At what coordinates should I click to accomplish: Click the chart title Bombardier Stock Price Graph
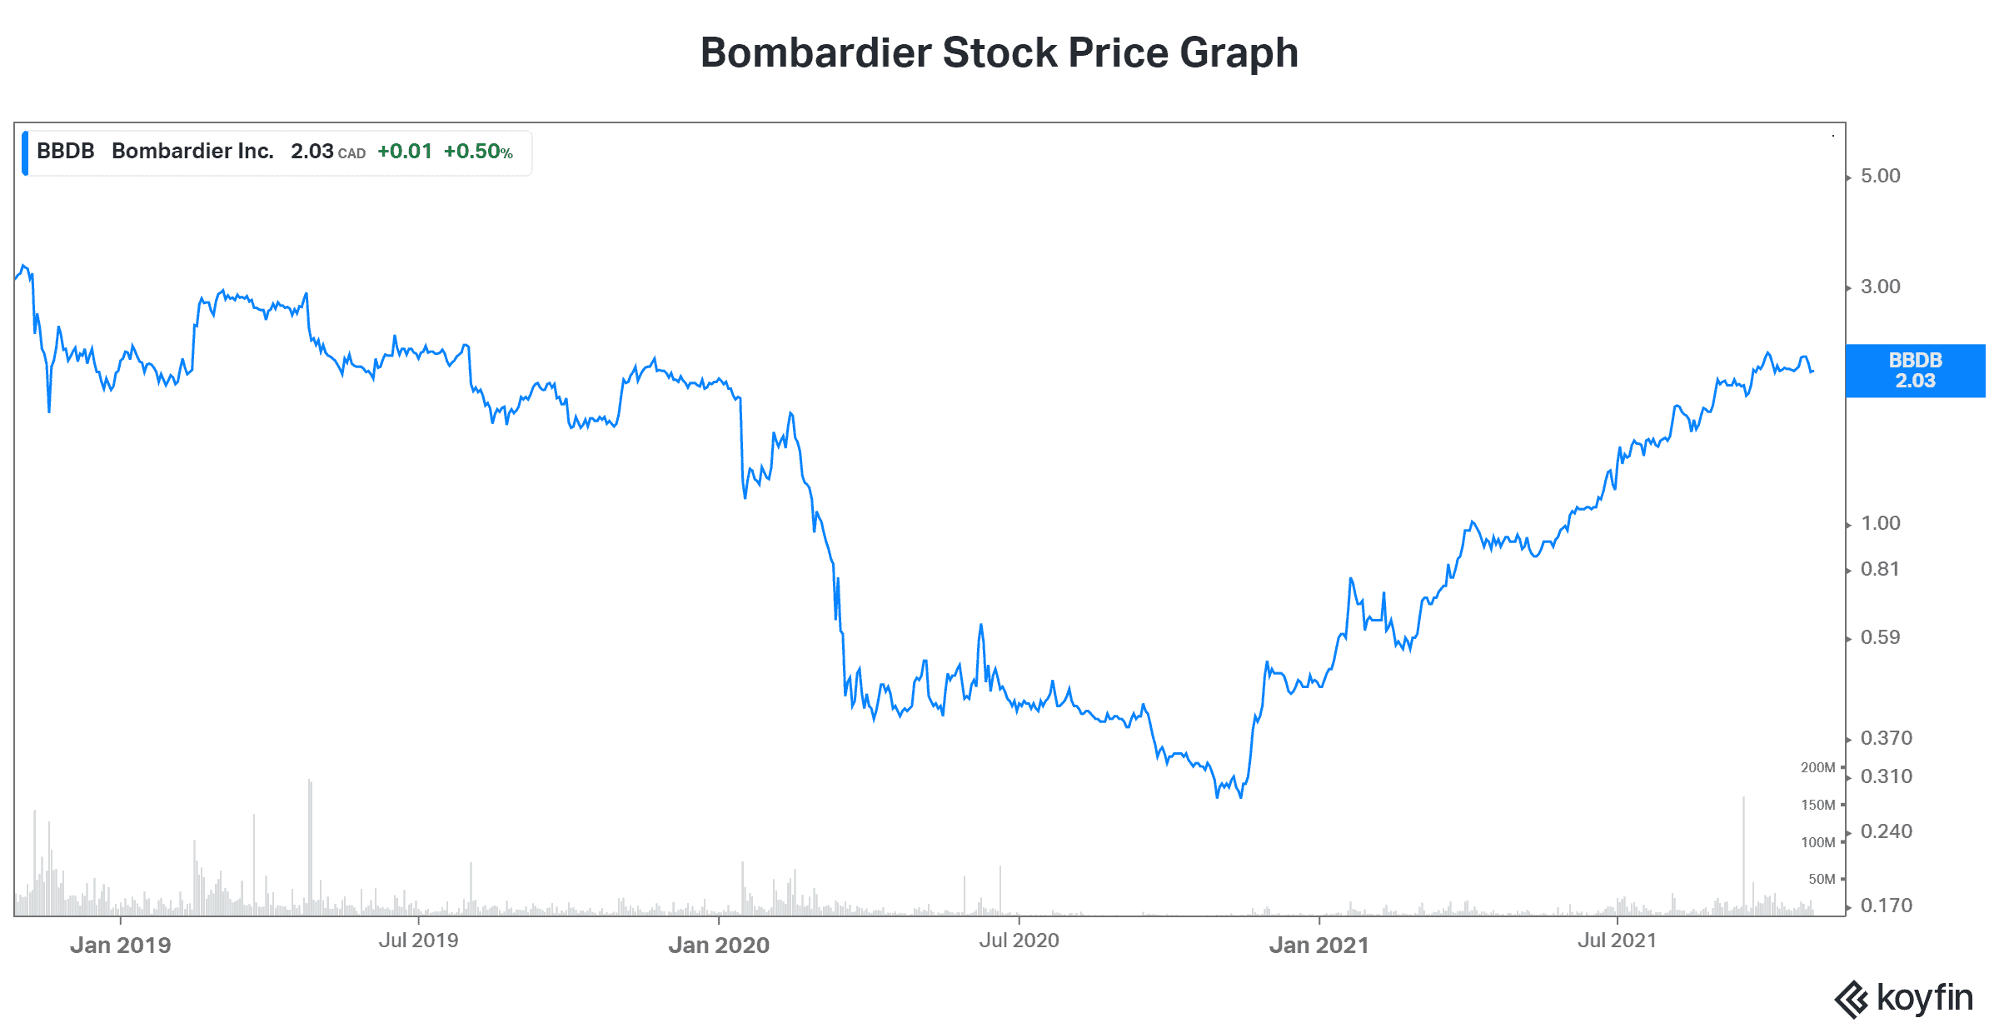(x=999, y=52)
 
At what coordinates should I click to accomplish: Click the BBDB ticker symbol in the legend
(x=65, y=151)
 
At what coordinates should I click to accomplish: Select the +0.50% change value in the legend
(x=478, y=152)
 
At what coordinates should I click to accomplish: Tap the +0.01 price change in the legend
(x=405, y=152)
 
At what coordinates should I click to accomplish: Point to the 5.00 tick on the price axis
(x=1881, y=176)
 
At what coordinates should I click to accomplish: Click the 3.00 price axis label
(x=1881, y=287)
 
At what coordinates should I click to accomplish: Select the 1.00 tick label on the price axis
(x=1881, y=523)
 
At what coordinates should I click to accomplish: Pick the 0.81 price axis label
(x=1880, y=569)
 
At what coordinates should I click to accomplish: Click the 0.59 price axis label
(x=1881, y=637)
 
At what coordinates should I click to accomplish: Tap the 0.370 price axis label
(x=1886, y=738)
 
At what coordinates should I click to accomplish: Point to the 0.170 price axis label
(x=1886, y=906)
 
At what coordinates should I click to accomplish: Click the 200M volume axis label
(x=1817, y=767)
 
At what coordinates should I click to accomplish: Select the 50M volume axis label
(x=1822, y=879)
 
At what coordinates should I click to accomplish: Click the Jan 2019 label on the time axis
(x=121, y=945)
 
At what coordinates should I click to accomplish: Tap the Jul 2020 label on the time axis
(x=1019, y=941)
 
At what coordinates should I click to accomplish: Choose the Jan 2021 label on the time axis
(x=1319, y=945)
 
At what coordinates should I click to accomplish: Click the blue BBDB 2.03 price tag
(x=1915, y=371)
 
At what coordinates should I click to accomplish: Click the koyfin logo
(x=1904, y=998)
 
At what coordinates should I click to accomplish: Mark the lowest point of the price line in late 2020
(x=1217, y=797)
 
